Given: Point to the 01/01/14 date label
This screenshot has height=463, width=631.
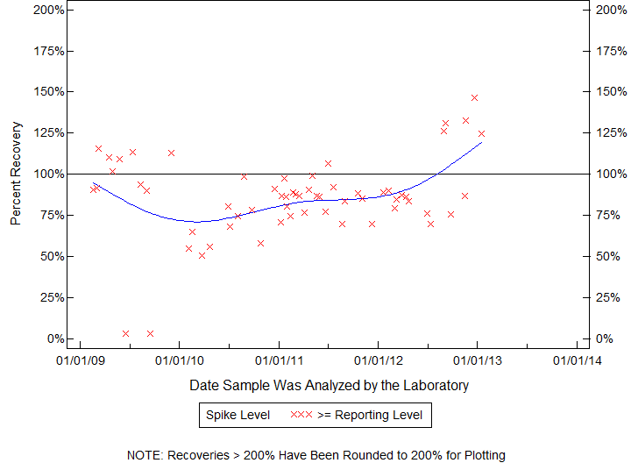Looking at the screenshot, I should pyautogui.click(x=576, y=360).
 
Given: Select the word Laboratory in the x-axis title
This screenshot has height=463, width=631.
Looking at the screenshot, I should pyautogui.click(x=436, y=385).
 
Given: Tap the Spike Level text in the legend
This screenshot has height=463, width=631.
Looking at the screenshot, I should pyautogui.click(x=238, y=415).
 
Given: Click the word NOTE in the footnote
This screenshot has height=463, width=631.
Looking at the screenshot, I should pyautogui.click(x=144, y=455).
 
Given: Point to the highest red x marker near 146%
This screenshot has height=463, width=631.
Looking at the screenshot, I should pyautogui.click(x=474, y=97).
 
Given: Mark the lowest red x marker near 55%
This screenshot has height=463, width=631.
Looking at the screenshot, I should pyautogui.click(x=188, y=248).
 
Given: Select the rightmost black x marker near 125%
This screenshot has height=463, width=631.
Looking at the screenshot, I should pyautogui.click(x=481, y=133).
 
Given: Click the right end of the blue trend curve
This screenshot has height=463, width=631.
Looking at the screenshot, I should pyautogui.click(x=481, y=142).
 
